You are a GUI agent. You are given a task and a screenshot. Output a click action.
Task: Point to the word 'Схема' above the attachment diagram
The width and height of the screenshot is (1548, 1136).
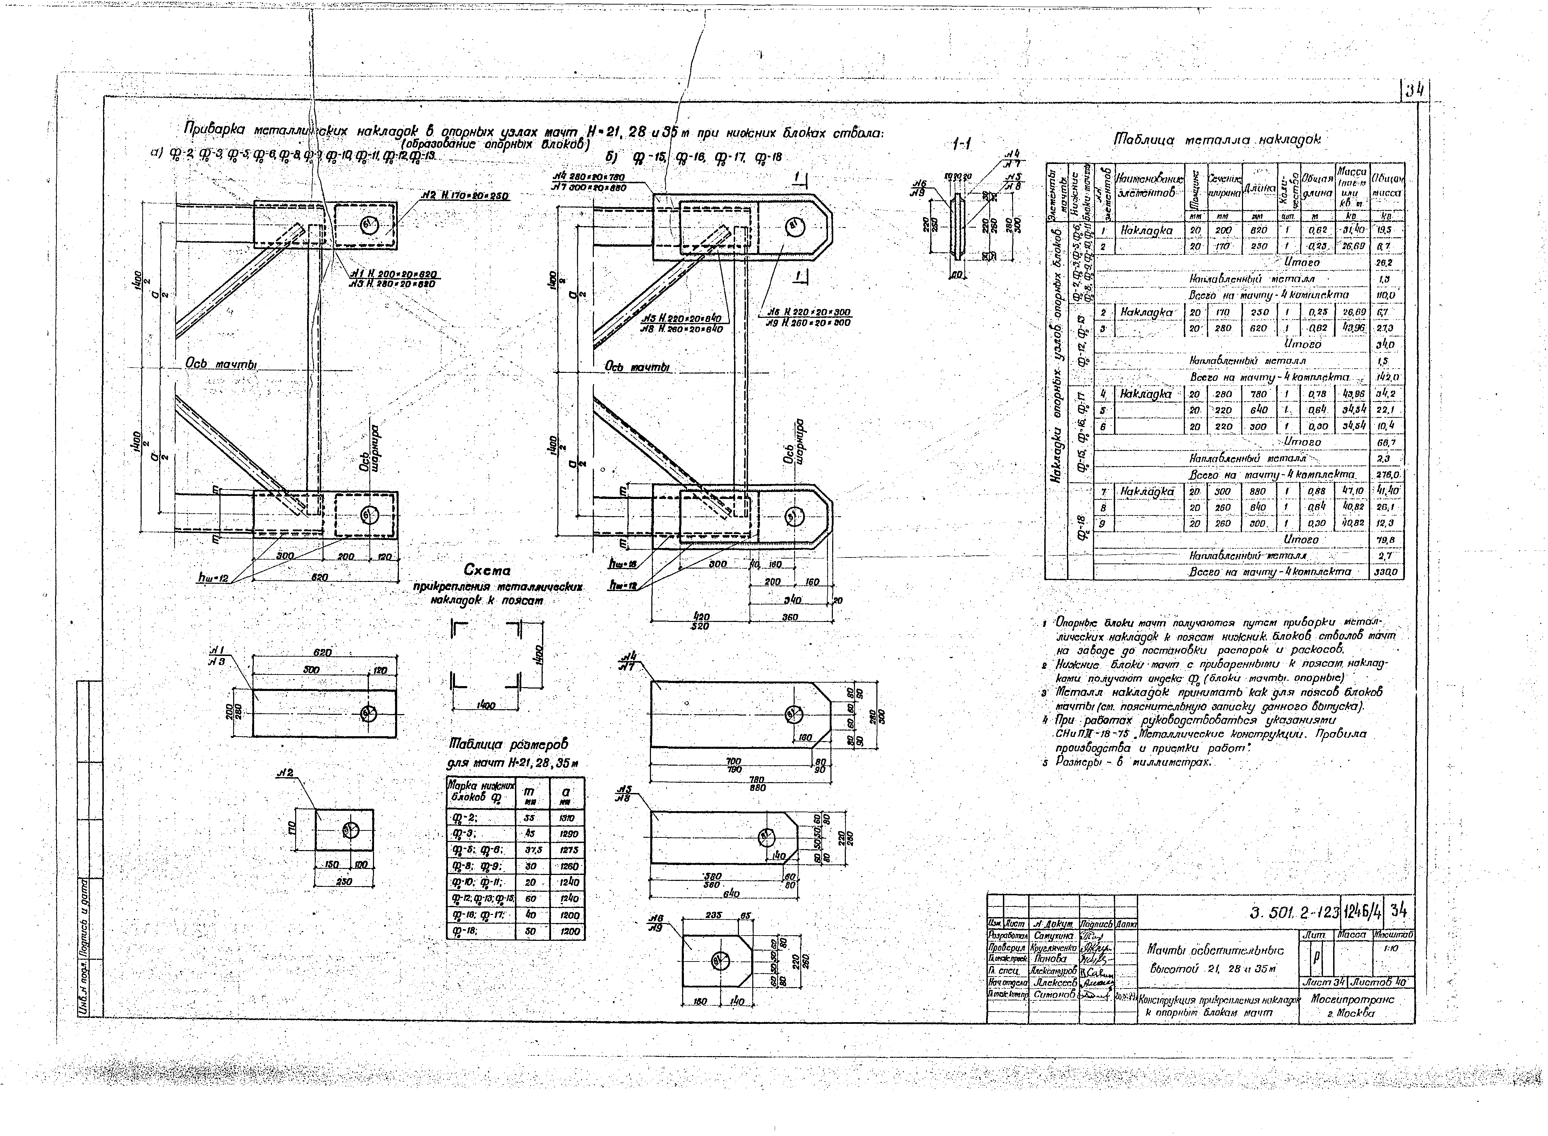click(x=487, y=570)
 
